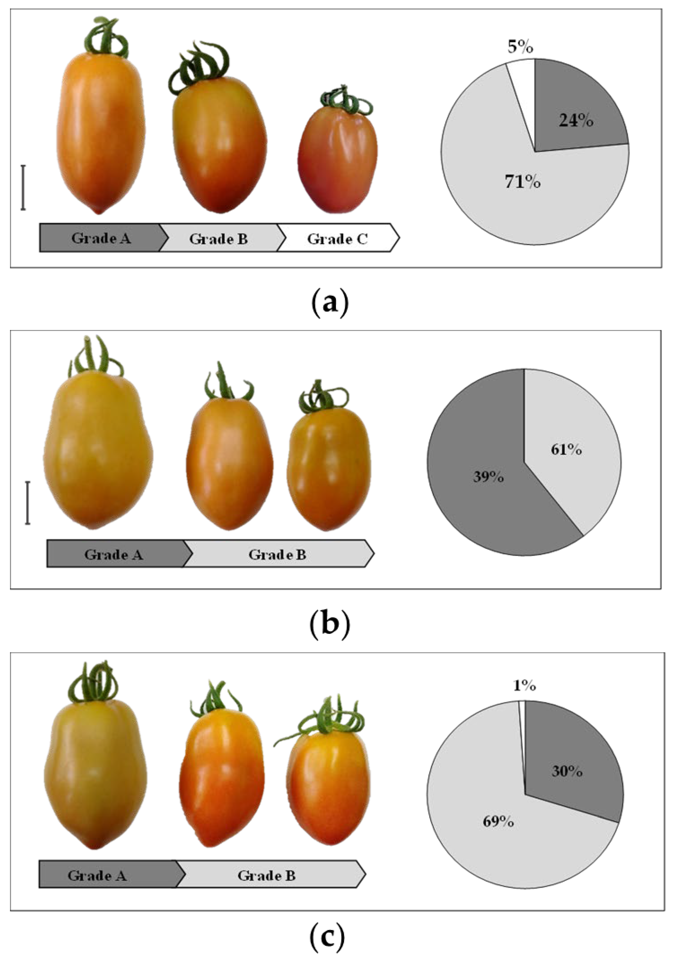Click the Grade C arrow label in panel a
(338, 239)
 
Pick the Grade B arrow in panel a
(218, 239)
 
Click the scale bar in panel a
(24, 187)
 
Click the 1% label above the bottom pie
(524, 686)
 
